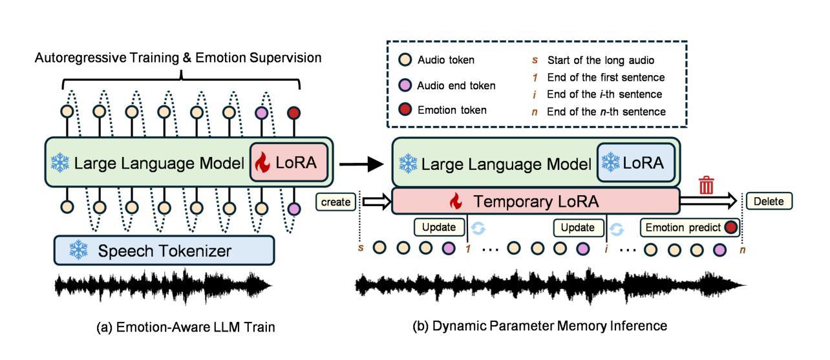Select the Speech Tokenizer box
click(165, 250)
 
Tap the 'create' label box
click(336, 202)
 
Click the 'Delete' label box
click(769, 202)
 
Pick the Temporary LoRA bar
click(535, 202)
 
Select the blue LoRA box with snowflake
click(635, 164)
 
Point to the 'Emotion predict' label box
click(690, 228)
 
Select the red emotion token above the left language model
click(294, 112)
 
